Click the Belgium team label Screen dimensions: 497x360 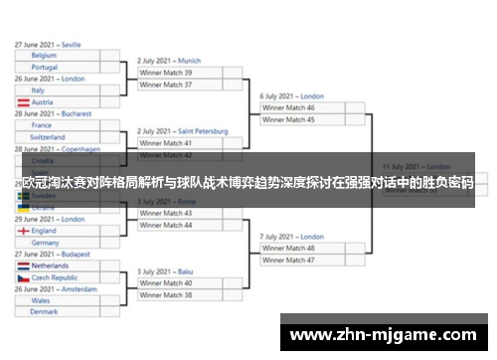click(44, 56)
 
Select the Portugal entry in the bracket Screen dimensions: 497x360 click(44, 68)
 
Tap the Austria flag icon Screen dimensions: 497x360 click(23, 102)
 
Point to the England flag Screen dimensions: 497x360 click(23, 231)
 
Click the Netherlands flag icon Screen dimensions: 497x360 click(23, 267)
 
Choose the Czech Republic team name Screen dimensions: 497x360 click(56, 278)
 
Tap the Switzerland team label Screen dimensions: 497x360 click(48, 137)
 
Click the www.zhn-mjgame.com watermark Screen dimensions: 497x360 click(383, 334)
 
